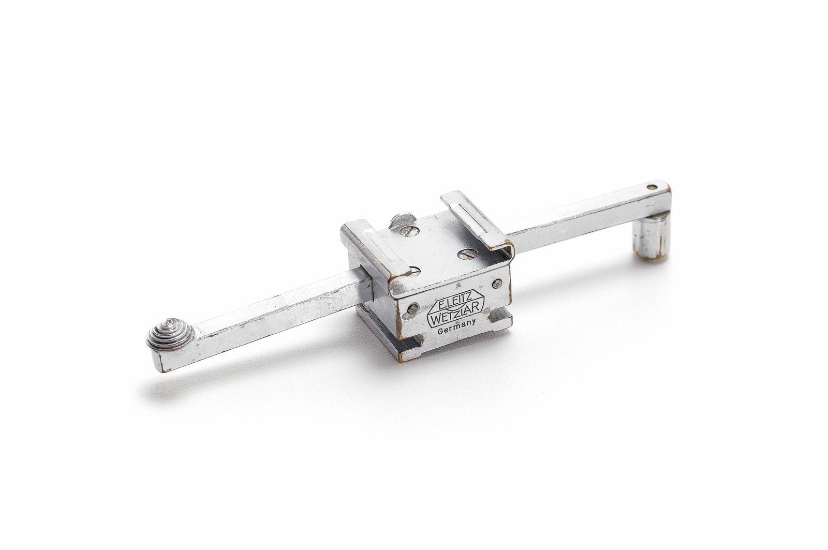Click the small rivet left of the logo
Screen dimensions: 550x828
point(412,309)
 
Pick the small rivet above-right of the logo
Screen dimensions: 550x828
point(497,283)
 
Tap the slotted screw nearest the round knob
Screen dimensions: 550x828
point(410,230)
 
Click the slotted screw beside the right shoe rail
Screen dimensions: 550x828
point(468,254)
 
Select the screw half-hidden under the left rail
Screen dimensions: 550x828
point(413,270)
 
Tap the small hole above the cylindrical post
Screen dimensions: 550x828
point(652,187)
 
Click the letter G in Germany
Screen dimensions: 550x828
point(440,334)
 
